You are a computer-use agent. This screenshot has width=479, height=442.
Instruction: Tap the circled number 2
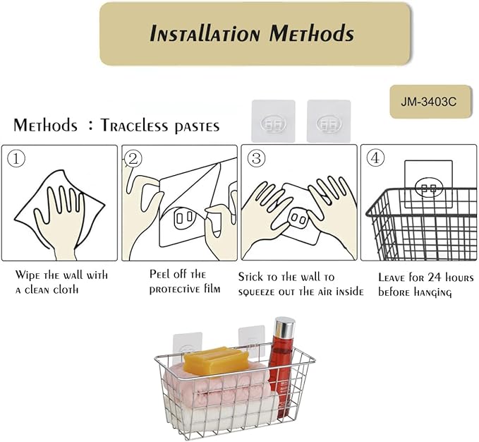click(x=133, y=159)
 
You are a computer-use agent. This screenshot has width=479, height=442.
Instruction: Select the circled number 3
click(x=256, y=158)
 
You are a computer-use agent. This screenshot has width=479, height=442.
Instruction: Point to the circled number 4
click(x=375, y=158)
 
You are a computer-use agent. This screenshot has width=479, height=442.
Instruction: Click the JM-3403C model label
click(x=429, y=102)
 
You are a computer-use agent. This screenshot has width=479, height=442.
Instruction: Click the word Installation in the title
click(x=205, y=33)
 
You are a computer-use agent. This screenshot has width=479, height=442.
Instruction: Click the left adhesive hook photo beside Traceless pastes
click(x=274, y=121)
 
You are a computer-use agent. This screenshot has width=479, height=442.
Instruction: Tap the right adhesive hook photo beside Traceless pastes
click(x=329, y=121)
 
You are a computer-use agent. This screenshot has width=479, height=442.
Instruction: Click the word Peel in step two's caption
click(x=159, y=274)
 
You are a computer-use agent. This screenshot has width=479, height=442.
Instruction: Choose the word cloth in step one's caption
click(x=66, y=289)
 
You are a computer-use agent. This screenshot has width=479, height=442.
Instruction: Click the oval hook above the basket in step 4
click(x=429, y=187)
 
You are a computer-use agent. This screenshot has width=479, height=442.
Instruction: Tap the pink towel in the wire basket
click(x=217, y=385)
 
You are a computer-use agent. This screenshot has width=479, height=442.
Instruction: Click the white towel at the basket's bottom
click(x=220, y=412)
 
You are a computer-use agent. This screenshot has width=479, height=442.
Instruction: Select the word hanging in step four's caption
click(x=433, y=292)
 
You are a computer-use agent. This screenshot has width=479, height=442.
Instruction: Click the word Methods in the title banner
click(x=312, y=33)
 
